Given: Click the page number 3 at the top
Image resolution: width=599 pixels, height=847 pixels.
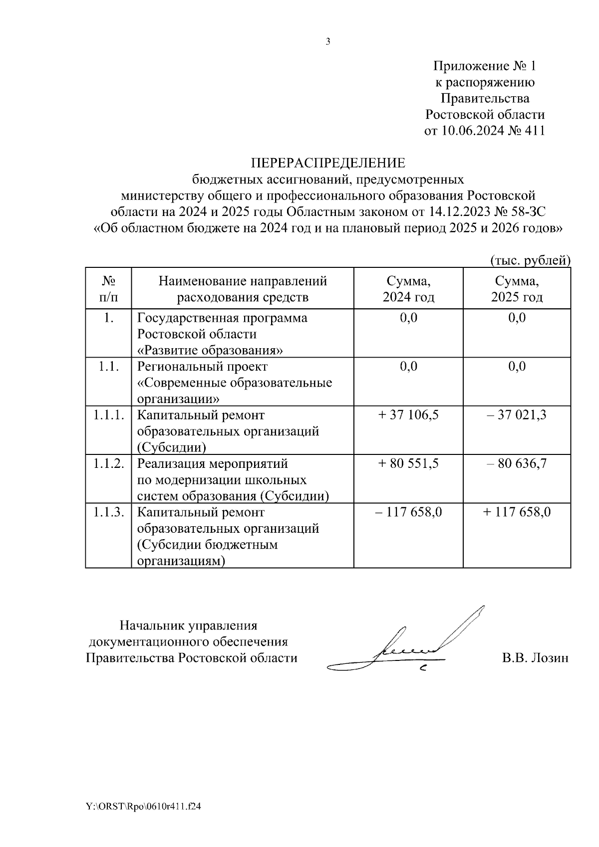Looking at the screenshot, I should tap(328, 42).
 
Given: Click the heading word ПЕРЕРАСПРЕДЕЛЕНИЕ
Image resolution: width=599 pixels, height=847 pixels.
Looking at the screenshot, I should tap(328, 163).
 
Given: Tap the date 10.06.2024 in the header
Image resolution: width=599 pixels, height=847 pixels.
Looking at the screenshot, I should tap(474, 131).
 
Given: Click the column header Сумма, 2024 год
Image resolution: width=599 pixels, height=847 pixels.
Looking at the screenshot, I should tap(408, 289).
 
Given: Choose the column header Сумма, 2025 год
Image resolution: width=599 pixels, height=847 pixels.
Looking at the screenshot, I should tap(517, 289).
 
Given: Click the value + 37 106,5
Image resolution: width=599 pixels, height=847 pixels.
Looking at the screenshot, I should tap(408, 415).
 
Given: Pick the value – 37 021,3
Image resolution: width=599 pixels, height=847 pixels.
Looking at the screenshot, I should tap(517, 415).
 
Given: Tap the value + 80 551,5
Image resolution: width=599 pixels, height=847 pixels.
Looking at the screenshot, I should tap(408, 463).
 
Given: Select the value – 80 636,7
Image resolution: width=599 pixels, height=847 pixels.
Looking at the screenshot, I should tap(517, 463).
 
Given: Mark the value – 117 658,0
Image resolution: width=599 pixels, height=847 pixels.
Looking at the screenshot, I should tap(408, 512).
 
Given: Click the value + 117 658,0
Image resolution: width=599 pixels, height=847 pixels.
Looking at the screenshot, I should tap(517, 512).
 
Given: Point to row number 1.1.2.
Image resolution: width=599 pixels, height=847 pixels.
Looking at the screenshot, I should tap(108, 463).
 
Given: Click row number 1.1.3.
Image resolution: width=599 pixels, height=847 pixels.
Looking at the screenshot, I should tap(108, 512).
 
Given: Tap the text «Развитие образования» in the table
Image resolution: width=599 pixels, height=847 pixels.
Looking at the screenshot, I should tap(210, 350).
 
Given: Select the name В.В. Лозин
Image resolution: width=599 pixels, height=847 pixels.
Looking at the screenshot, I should tap(535, 658).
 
